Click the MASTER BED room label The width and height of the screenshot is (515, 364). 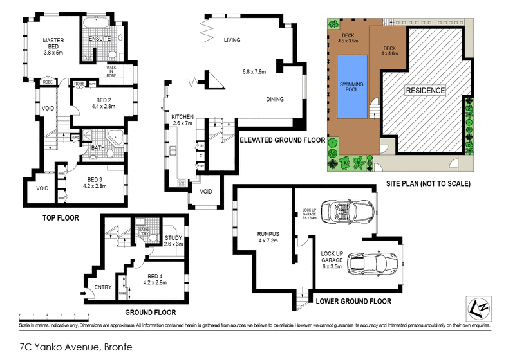click(53, 44)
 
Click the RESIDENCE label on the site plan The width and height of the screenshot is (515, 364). click(425, 91)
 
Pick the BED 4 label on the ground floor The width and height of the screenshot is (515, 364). click(154, 279)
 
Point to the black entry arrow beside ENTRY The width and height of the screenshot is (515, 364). click(84, 295)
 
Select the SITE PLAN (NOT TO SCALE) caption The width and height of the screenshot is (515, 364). click(428, 183)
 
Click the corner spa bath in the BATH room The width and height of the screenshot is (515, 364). click(116, 137)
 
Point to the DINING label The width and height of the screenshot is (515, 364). click(275, 99)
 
